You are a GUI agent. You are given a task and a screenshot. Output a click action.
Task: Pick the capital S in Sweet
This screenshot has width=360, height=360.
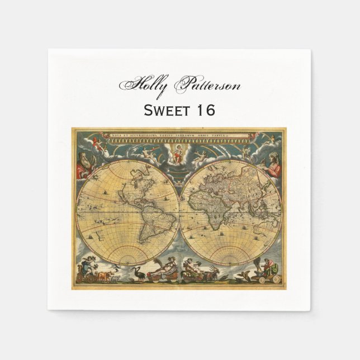point(149,110)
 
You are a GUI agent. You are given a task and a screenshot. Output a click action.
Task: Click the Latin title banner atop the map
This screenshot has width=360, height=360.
point(181,135)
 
